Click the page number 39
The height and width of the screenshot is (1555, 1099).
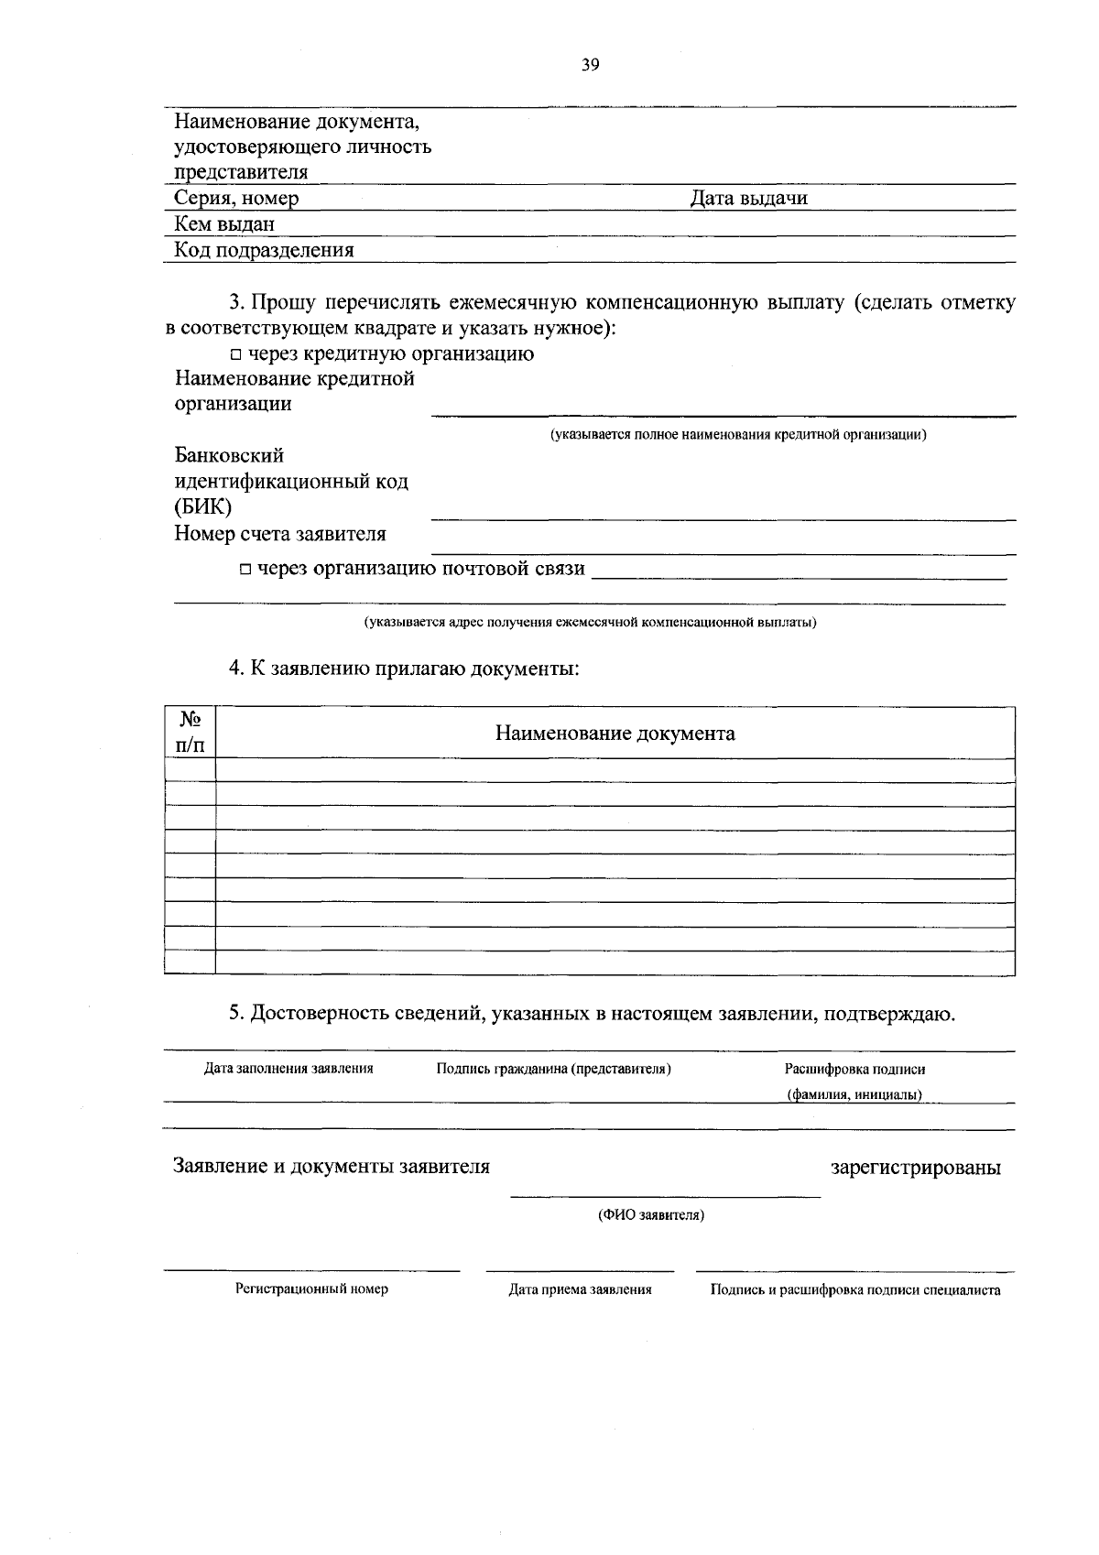590,64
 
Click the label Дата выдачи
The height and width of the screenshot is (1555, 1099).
748,198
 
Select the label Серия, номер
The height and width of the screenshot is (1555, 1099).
236,198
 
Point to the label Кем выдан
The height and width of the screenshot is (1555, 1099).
224,224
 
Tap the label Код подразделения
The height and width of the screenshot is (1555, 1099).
264,250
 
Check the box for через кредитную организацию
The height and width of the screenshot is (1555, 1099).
236,354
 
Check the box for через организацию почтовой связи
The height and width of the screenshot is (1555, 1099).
246,570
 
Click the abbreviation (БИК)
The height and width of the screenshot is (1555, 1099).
203,506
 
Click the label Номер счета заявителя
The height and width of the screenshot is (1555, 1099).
280,533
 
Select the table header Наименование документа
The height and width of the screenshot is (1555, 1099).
615,733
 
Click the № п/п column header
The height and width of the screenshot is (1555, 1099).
190,732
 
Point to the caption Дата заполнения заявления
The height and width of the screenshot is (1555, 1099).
288,1068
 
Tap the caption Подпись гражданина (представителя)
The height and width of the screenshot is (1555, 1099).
554,1069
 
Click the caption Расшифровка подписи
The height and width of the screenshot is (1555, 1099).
854,1069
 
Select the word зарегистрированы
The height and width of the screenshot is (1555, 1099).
915,1168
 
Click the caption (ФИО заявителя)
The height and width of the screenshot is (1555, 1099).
651,1215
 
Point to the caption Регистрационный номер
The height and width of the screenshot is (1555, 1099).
311,1289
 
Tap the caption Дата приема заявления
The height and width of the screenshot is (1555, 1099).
580,1289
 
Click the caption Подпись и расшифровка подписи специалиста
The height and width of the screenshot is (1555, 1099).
855,1289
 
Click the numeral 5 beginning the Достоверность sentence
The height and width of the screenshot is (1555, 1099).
234,1014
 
